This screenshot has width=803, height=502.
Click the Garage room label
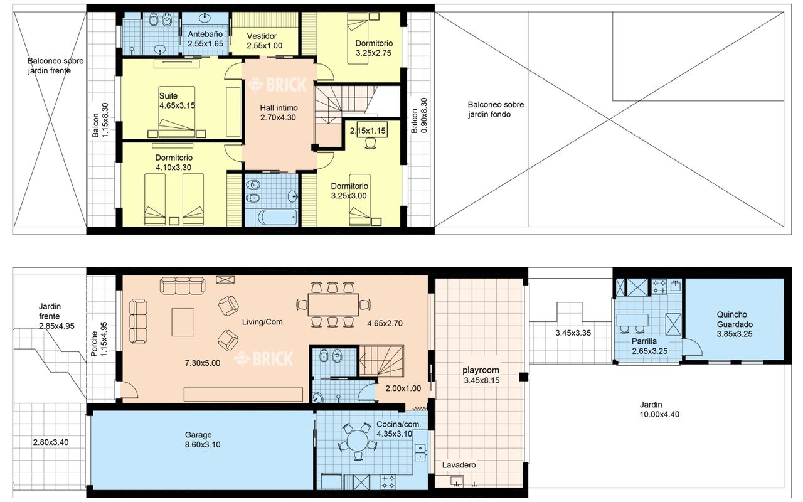click(x=198, y=435)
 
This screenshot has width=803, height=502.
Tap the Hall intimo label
click(x=279, y=108)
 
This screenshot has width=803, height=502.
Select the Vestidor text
click(x=262, y=36)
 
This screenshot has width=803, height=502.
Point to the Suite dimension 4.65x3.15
click(x=177, y=105)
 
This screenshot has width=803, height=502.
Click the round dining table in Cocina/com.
click(x=357, y=441)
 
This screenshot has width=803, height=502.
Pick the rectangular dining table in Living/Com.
click(x=333, y=305)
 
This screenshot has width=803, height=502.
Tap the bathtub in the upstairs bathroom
click(x=277, y=217)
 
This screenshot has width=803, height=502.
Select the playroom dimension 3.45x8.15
click(x=481, y=380)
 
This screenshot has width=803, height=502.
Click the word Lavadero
click(x=459, y=465)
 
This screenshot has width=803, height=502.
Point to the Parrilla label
click(x=644, y=341)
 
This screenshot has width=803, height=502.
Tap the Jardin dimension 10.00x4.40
click(x=659, y=415)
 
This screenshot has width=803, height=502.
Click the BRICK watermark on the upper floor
click(x=277, y=85)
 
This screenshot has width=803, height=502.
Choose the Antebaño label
click(x=205, y=34)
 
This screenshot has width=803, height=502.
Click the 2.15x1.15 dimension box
click(x=368, y=131)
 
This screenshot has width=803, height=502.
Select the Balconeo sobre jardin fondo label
click(x=496, y=110)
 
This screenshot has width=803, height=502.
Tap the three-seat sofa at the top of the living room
click(x=183, y=286)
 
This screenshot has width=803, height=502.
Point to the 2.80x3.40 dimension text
click(x=51, y=442)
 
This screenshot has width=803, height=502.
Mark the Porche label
click(x=94, y=343)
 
